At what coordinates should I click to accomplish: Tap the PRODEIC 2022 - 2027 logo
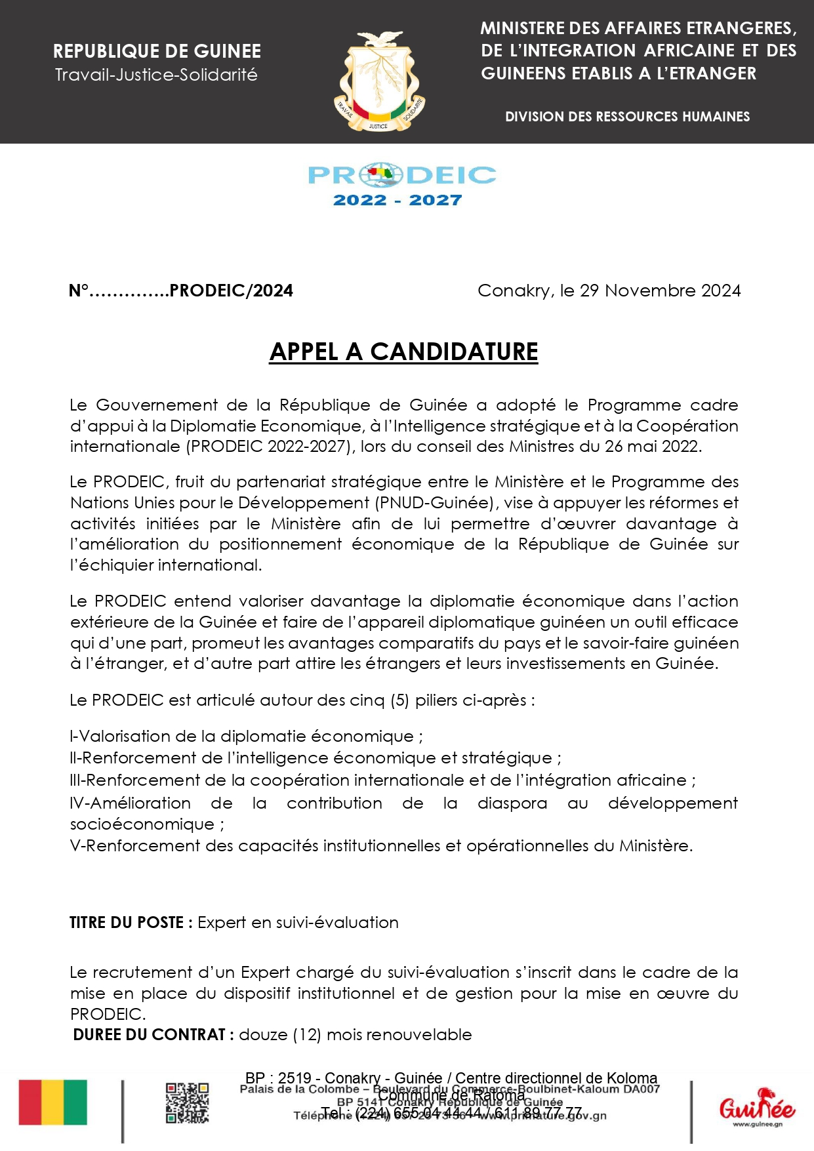401,185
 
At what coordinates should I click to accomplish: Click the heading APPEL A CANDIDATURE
403,352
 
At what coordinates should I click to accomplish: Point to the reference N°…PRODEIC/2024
181,291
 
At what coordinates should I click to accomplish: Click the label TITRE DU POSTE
131,923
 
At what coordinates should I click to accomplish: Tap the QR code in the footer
187,1103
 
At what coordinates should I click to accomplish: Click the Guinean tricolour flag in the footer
52,1102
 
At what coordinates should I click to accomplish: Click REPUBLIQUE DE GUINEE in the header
157,51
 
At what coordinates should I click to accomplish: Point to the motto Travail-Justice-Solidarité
156,75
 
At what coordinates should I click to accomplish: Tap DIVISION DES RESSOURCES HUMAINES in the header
627,117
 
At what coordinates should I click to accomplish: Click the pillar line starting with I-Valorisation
246,737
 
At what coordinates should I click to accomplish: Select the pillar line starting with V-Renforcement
381,846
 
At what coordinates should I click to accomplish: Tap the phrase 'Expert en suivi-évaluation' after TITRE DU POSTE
298,923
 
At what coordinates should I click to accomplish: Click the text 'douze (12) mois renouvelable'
355,1035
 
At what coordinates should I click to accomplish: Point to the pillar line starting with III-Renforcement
382,780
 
